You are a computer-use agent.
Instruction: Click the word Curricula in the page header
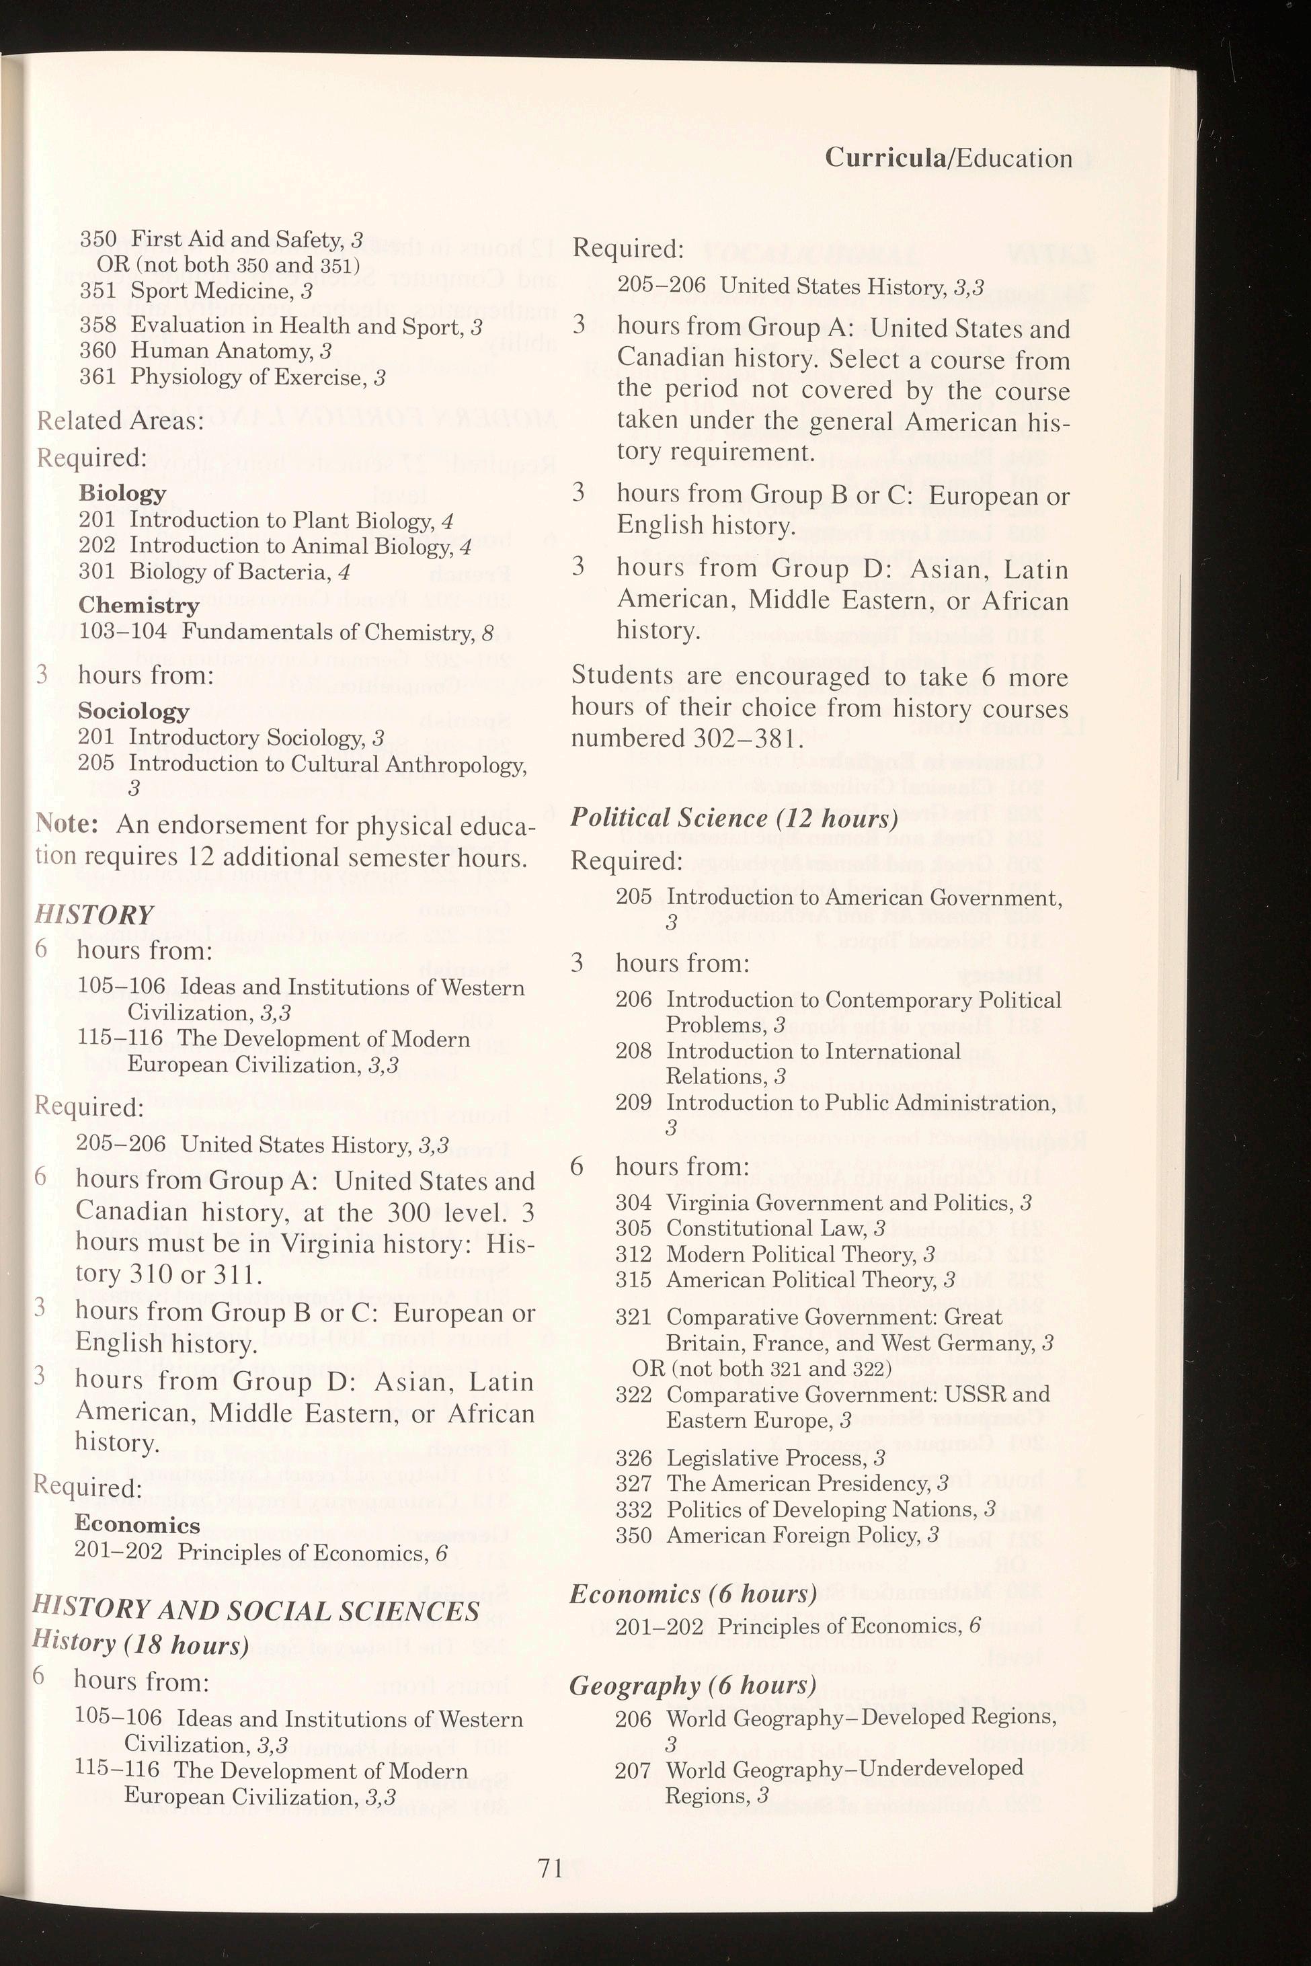885,158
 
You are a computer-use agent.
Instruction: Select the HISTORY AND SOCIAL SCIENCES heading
256,1610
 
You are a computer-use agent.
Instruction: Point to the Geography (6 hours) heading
692,1686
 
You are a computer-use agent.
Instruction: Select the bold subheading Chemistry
138,604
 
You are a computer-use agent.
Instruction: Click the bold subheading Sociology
134,710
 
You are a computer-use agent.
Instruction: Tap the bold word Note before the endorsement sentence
67,824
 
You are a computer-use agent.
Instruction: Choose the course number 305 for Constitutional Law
632,1228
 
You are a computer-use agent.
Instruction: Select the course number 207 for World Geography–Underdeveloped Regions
632,1770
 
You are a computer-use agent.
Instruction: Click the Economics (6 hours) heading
693,1594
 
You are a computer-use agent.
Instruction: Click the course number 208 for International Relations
633,1051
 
